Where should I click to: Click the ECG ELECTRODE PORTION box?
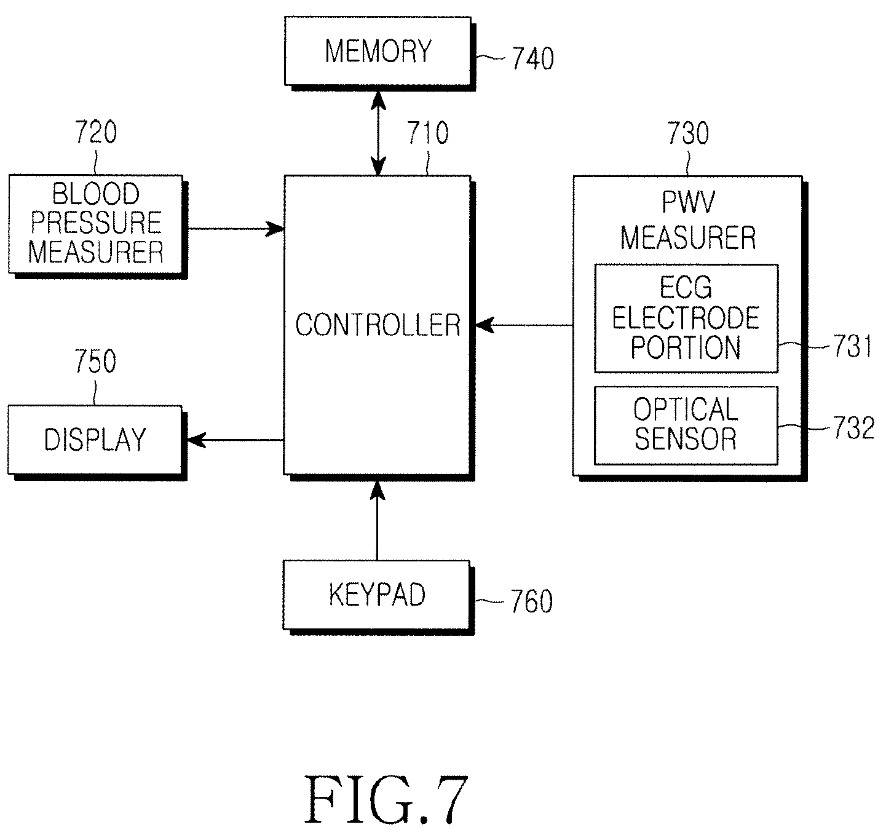pos(686,319)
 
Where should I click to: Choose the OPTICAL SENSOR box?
pos(686,425)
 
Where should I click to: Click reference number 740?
pos(532,58)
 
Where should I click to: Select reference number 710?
pos(428,133)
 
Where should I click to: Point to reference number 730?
pos(688,133)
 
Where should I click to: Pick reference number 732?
pos(854,427)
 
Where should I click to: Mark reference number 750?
pos(95,361)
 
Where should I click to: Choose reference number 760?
pos(532,601)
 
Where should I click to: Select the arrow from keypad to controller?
pos(378,520)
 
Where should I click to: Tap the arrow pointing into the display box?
pos(235,440)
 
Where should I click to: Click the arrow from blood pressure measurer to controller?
pos(236,229)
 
